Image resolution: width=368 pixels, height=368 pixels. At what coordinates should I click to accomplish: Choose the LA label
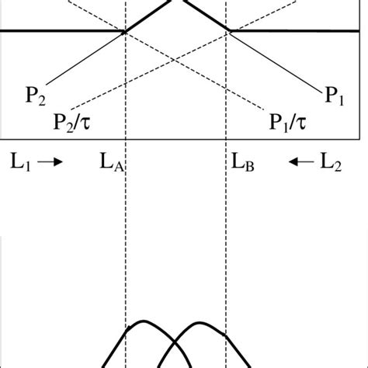[x=111, y=163]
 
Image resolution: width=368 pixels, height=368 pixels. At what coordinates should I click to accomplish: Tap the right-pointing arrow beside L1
[x=46, y=162]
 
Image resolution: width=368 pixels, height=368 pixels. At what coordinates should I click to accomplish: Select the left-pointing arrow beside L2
[x=300, y=162]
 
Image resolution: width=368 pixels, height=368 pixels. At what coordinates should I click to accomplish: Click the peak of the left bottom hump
[x=142, y=321]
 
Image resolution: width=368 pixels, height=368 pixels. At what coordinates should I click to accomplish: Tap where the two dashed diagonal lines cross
[x=175, y=57]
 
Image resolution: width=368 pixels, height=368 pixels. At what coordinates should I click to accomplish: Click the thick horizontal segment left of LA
[x=62, y=31]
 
